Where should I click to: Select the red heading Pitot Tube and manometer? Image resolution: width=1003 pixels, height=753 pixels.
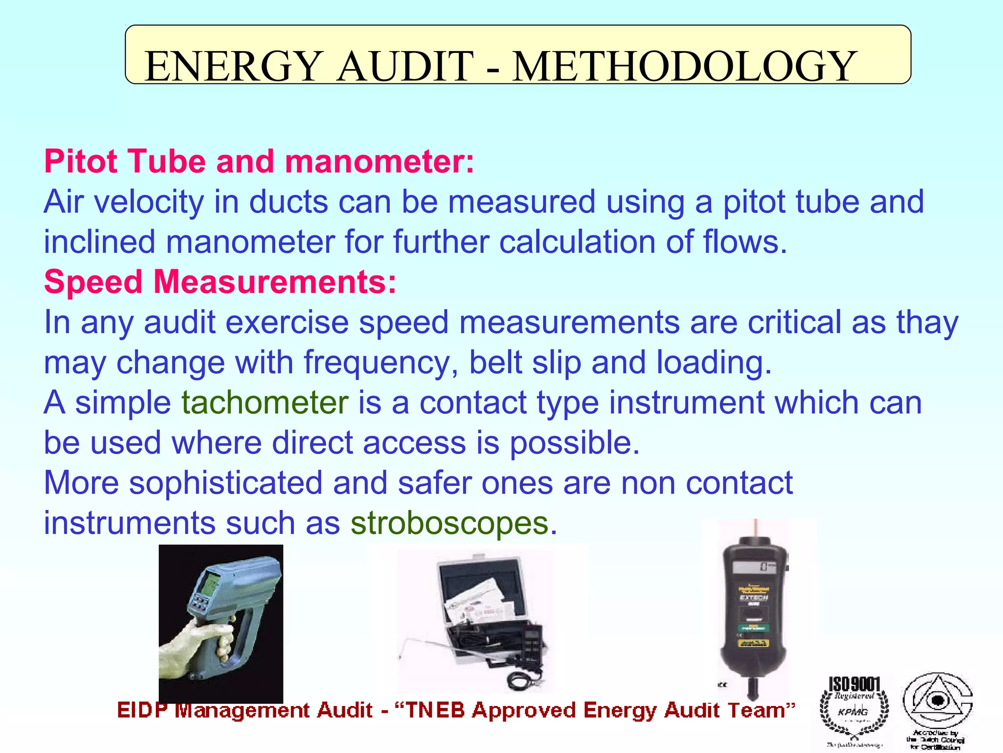click(x=259, y=161)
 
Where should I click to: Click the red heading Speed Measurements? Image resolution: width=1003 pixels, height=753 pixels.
click(x=220, y=282)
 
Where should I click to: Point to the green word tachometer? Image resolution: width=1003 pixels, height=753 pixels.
click(x=265, y=402)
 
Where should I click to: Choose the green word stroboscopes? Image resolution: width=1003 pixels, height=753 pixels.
click(x=450, y=523)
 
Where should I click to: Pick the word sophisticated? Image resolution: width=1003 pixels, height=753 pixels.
click(x=226, y=483)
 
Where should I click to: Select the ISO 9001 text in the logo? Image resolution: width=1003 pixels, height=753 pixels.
click(x=854, y=684)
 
